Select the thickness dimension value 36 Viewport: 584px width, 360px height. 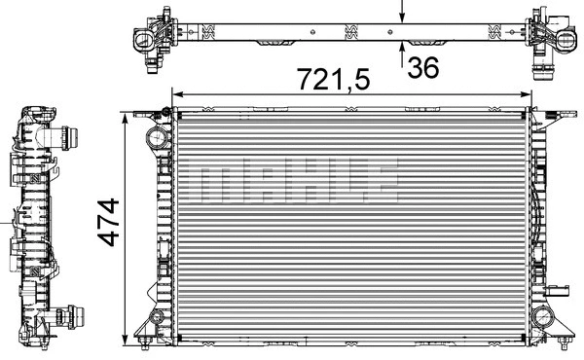click(x=422, y=69)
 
